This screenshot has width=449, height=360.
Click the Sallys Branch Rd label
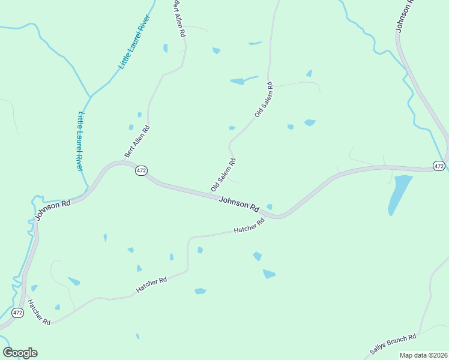tap(393, 347)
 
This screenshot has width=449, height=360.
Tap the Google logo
tap(20, 353)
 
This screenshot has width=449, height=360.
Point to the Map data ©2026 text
tap(423, 355)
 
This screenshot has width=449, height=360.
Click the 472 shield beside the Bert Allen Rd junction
tap(141, 170)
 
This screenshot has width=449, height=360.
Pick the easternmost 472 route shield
tap(439, 166)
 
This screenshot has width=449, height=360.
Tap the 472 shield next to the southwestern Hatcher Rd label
tap(17, 313)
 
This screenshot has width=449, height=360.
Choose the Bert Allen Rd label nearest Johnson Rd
tap(137, 142)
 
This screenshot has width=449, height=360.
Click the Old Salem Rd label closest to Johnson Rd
tap(223, 175)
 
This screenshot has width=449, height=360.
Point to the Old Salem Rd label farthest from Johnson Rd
tap(264, 99)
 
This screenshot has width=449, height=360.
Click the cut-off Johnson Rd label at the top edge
tap(405, 16)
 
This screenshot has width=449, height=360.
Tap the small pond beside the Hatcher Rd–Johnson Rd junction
tap(270, 207)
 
